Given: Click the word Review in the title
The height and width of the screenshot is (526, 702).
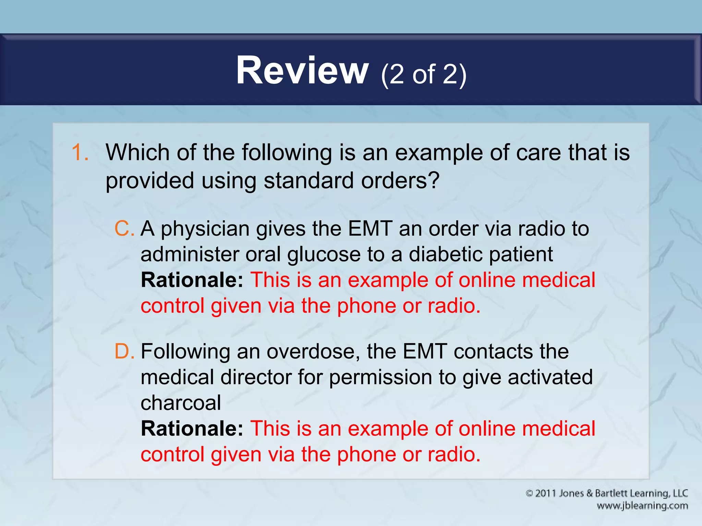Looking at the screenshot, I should [302, 71].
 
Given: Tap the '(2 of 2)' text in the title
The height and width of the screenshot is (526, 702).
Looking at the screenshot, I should [423, 74].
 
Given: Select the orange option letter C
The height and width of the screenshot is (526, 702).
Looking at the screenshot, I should [123, 228].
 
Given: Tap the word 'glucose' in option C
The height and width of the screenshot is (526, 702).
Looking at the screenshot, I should [324, 254].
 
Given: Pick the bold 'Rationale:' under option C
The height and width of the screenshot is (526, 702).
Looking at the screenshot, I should [192, 280].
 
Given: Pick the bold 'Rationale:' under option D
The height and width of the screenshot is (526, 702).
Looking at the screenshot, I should [192, 428].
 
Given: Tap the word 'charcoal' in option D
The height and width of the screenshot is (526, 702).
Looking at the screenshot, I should [181, 403].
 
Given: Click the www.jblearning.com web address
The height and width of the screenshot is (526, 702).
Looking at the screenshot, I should [642, 506].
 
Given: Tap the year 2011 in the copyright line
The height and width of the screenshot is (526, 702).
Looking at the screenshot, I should [546, 493].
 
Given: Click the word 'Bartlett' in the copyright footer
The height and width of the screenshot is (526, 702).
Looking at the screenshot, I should [611, 493].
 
